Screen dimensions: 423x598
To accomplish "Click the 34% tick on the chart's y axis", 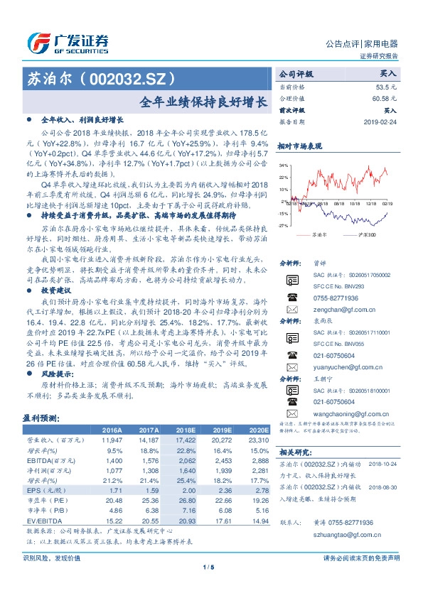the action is (x=283, y=164).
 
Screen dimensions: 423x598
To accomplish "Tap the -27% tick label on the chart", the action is (x=283, y=225).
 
